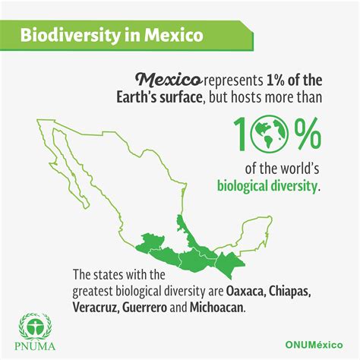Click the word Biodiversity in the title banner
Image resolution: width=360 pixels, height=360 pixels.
coord(70,36)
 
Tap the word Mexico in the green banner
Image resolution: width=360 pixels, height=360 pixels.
coord(174,35)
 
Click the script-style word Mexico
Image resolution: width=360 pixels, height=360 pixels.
coord(169,80)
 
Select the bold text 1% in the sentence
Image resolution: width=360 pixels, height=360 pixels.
coord(275,81)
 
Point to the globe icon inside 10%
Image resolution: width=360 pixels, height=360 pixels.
coord(269,134)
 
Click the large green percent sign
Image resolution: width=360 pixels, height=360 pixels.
coord(305,134)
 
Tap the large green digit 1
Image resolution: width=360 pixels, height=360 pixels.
coord(241,134)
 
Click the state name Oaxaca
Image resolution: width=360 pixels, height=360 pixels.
coord(245,292)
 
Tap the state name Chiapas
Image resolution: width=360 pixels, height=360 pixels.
coord(289,292)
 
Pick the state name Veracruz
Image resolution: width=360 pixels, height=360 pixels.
coord(96,308)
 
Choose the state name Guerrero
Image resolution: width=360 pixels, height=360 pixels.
coord(145,308)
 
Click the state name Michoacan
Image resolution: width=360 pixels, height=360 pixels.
coord(217,308)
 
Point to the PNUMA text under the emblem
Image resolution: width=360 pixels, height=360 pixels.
coord(35,346)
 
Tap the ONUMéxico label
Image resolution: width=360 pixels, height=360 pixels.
coord(314,345)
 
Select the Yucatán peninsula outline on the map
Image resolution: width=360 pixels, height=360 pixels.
coord(256,235)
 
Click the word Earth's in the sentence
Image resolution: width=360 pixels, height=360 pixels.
coord(136,97)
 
